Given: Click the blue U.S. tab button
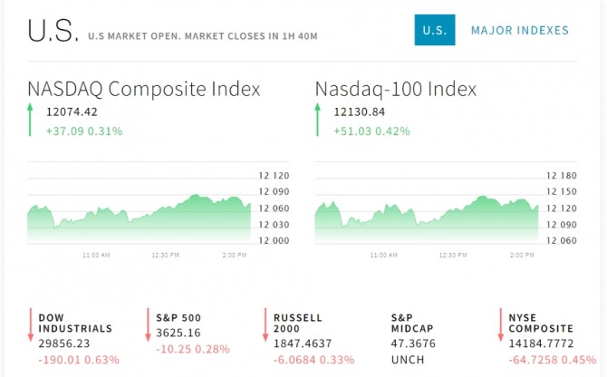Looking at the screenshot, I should pyautogui.click(x=434, y=31).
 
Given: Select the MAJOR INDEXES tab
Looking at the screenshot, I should pyautogui.click(x=519, y=31).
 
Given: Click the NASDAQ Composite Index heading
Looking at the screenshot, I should pyautogui.click(x=144, y=90).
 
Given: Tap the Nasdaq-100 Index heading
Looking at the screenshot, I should pyautogui.click(x=396, y=90).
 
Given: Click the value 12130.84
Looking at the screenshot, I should pyautogui.click(x=359, y=112).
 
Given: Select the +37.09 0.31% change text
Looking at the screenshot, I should pyautogui.click(x=84, y=131).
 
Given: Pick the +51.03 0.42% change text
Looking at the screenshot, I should pyautogui.click(x=371, y=131).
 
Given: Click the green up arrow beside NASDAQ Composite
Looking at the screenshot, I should pyautogui.click(x=30, y=120).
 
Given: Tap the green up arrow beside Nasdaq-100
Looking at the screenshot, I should pyautogui.click(x=317, y=120).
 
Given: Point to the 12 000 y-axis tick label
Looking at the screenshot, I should pyautogui.click(x=275, y=240).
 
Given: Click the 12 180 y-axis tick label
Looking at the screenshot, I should pyautogui.click(x=562, y=175).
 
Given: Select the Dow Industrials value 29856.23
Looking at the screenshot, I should pyautogui.click(x=65, y=344).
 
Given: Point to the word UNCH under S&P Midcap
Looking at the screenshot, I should pyautogui.click(x=407, y=360).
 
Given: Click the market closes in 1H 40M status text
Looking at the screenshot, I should pyautogui.click(x=203, y=36).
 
